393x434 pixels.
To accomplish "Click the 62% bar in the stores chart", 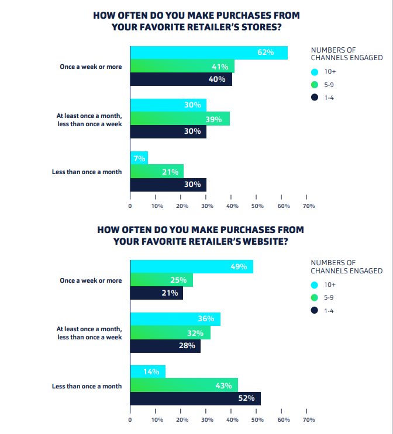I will click(209, 53).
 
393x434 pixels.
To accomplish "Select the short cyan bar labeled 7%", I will click(139, 158).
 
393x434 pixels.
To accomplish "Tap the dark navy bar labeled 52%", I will click(195, 398).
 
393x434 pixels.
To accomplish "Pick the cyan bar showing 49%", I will click(191, 267).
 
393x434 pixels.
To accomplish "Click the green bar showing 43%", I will click(184, 385).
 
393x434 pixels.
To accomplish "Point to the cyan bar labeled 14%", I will click(147, 371).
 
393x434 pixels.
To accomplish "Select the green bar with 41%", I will click(182, 66).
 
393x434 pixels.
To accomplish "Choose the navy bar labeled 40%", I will click(181, 79).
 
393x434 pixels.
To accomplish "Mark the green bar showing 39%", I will click(180, 119).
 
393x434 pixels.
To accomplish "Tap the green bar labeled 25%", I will click(161, 280).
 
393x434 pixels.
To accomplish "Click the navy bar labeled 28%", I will click(165, 346).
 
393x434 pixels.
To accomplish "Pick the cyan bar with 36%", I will click(175, 319).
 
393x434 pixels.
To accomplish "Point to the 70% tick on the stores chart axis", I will click(309, 206).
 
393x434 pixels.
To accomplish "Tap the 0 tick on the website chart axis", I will click(130, 420).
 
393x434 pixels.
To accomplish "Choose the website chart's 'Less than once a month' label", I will click(87, 386).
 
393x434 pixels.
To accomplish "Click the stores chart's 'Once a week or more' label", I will click(91, 67).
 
